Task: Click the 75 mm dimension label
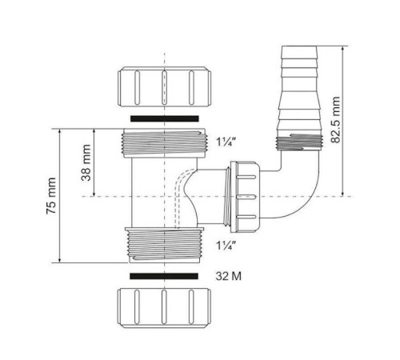(x=50, y=195)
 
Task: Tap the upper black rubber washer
(x=163, y=118)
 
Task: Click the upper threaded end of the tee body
(x=163, y=143)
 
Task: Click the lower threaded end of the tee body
(x=163, y=243)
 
